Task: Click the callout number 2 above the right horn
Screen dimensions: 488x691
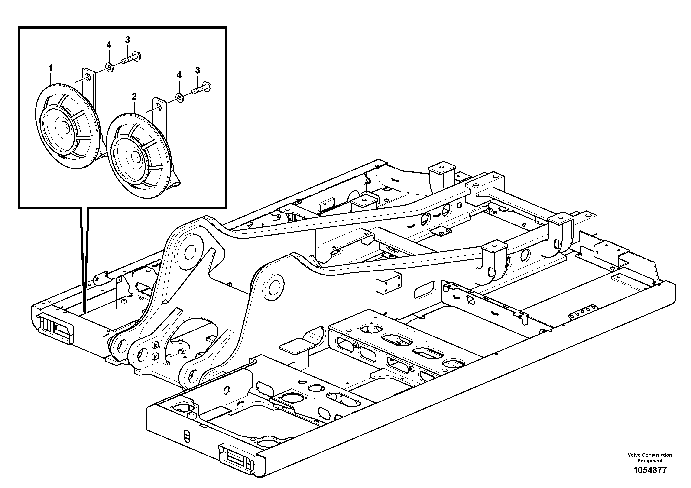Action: point(134,97)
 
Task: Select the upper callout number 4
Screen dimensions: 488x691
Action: point(109,45)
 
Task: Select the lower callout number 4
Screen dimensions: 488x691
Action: point(179,75)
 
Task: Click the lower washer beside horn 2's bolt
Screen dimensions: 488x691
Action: point(180,97)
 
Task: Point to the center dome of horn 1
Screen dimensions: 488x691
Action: point(64,127)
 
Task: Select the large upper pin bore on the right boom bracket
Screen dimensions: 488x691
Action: point(274,288)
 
